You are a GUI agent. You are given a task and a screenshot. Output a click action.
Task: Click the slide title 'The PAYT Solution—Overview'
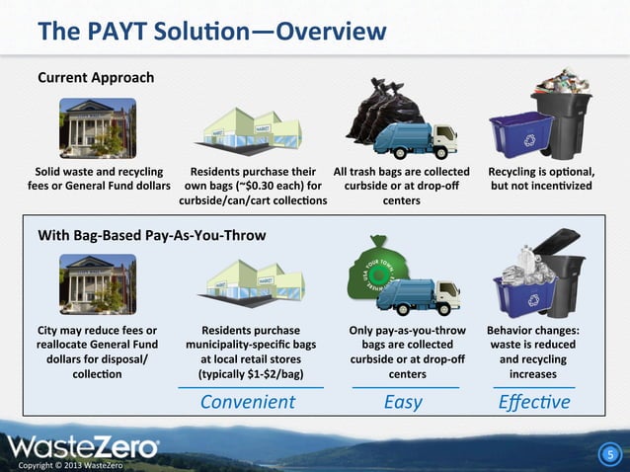[211, 32]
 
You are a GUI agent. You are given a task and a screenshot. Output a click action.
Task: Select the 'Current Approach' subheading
[96, 76]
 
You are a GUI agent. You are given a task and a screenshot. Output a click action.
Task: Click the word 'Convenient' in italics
[248, 402]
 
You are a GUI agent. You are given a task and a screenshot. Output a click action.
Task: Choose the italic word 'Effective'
[534, 402]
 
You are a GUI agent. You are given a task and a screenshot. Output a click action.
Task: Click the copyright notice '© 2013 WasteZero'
[63, 464]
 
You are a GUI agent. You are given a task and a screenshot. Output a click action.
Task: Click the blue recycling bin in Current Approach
[516, 130]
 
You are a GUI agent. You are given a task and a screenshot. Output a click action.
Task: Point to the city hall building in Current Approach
[97, 123]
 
